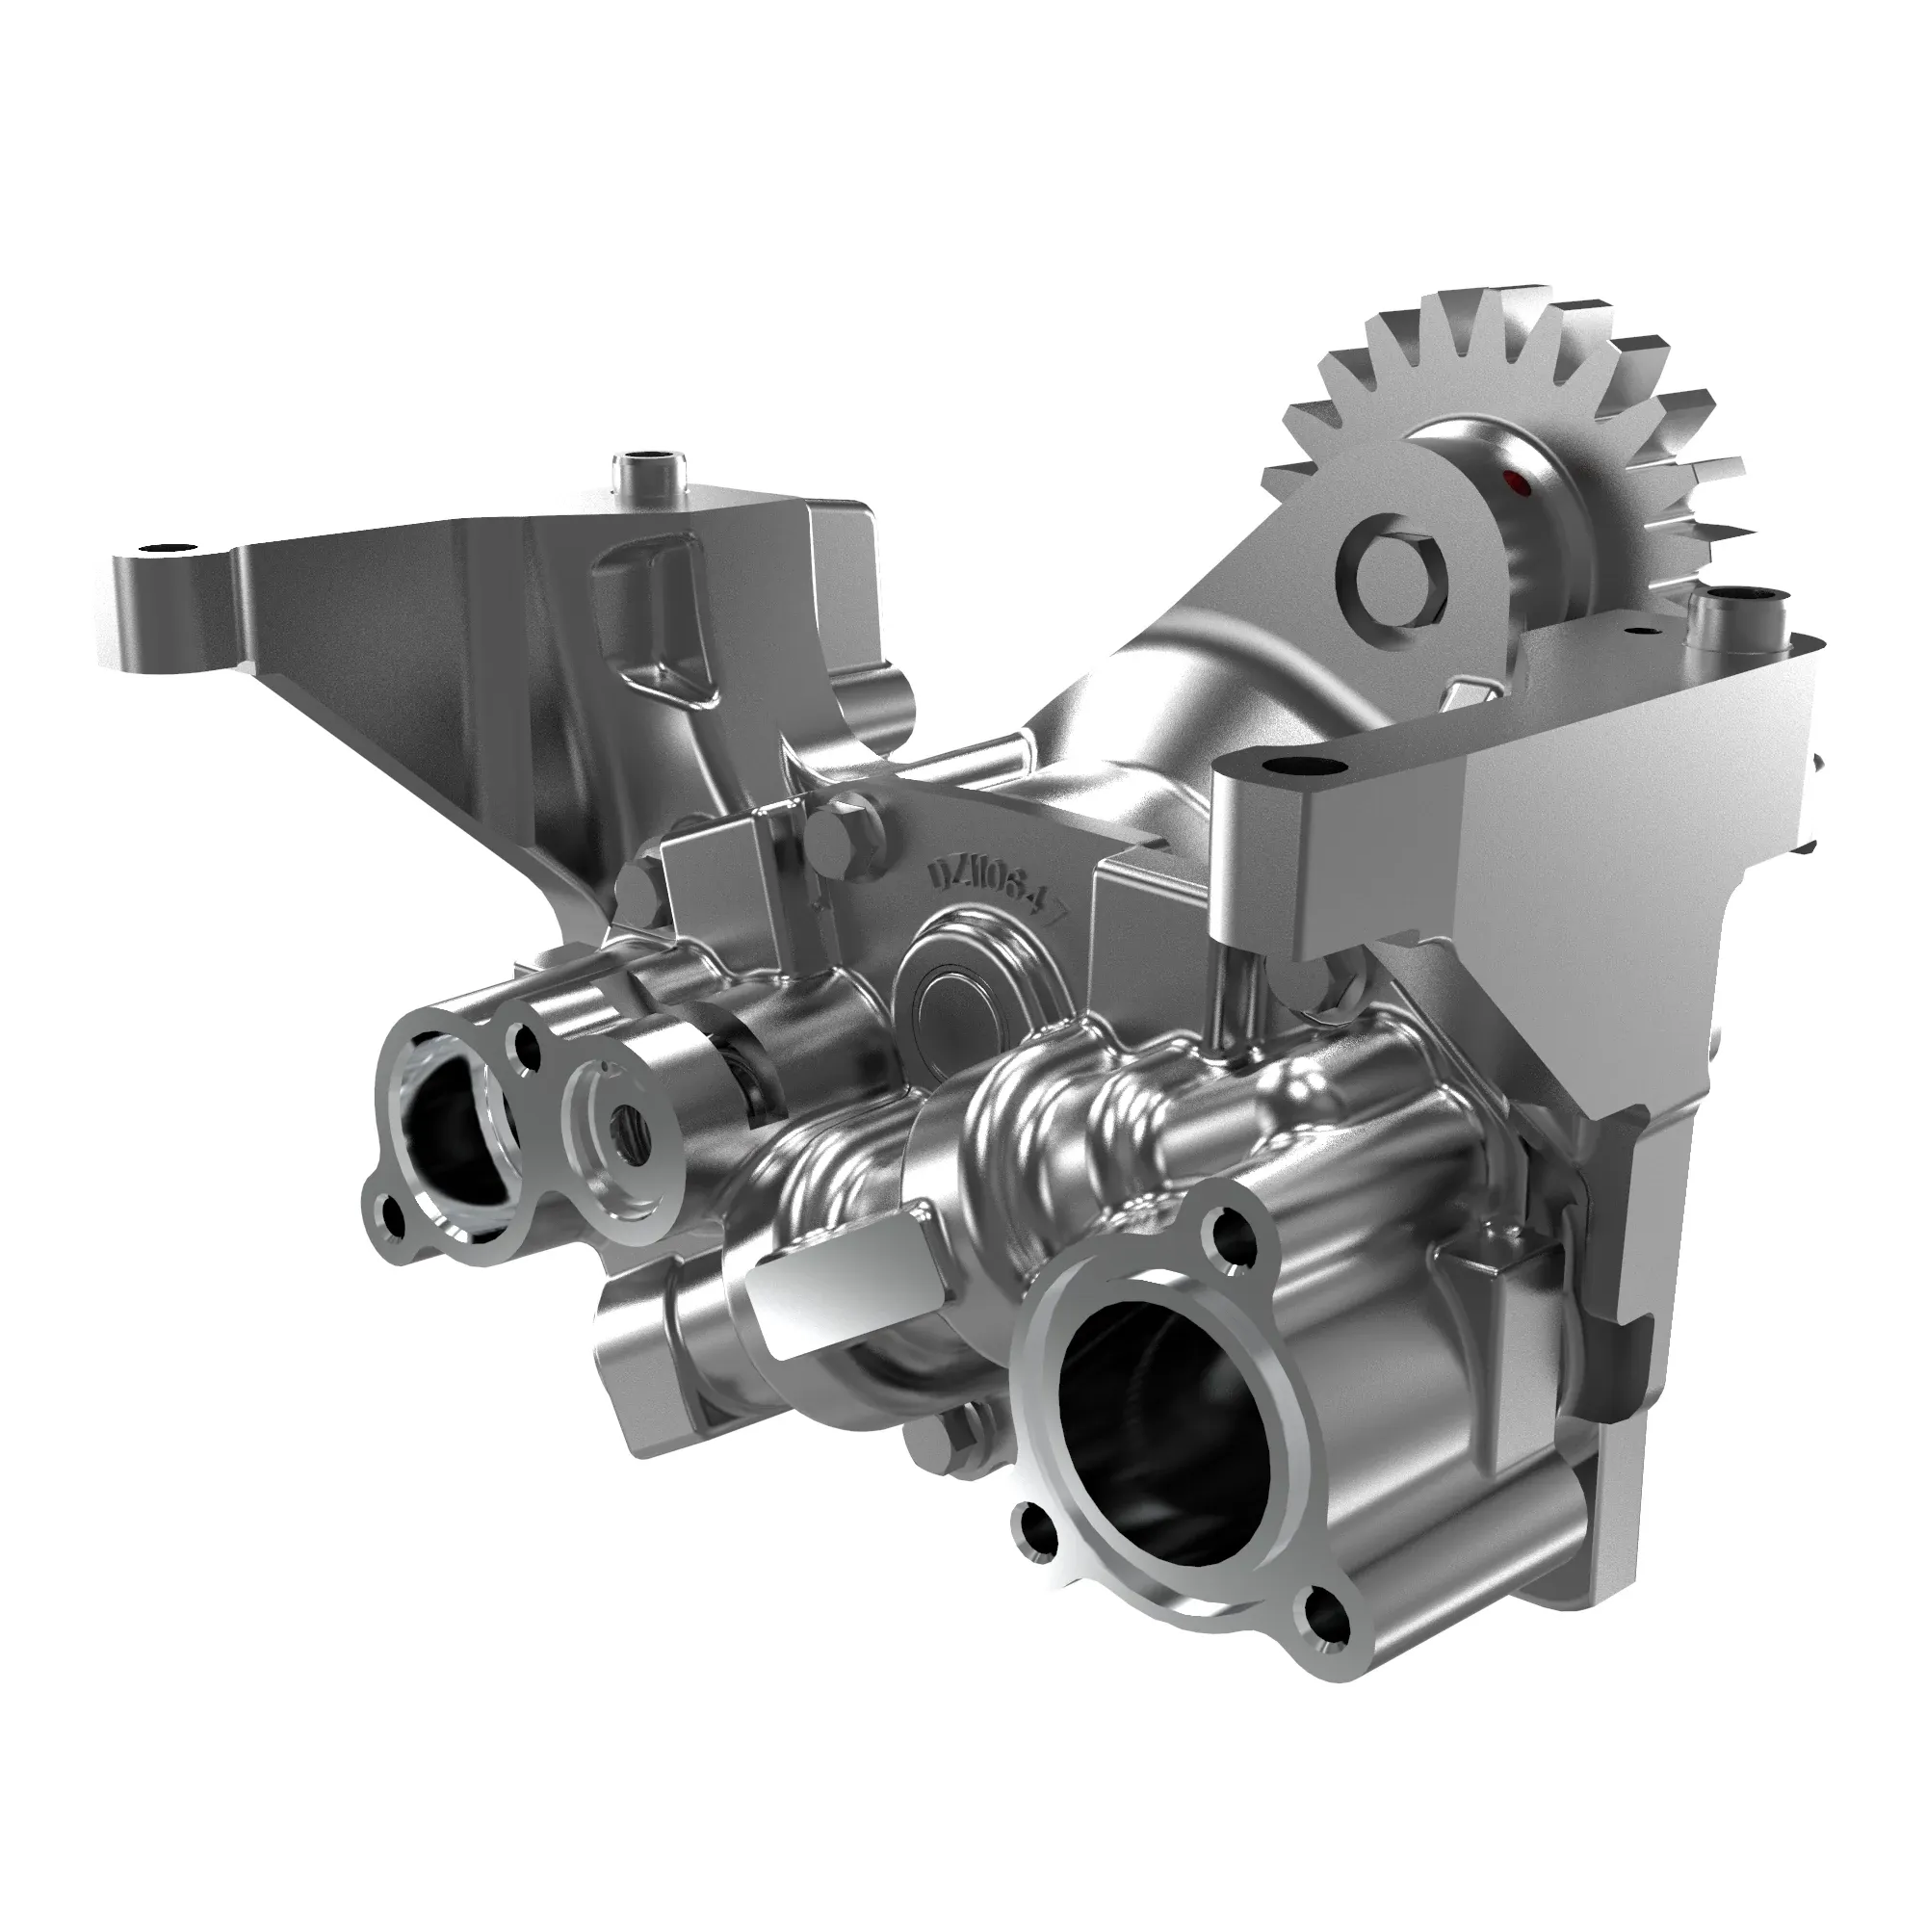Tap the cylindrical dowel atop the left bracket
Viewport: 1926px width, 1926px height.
[645, 469]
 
